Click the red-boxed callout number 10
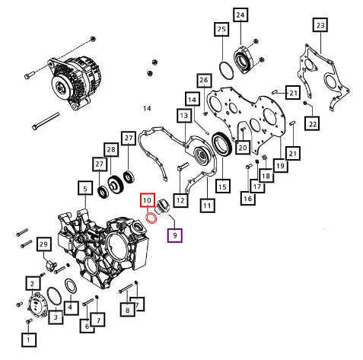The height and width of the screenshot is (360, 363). coord(148,200)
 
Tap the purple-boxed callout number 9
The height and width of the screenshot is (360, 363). coord(175,235)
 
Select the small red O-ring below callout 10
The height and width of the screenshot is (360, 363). coord(151,218)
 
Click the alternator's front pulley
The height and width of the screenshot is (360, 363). coord(60,88)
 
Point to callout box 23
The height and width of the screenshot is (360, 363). coord(320,25)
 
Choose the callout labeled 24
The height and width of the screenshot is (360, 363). coord(240,14)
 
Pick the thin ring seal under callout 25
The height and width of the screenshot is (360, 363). coord(226,70)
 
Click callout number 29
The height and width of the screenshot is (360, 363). coord(44,244)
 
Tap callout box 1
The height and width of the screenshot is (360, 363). coord(29,339)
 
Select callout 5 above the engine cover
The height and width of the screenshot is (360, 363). coord(85,189)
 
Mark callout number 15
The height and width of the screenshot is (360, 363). coord(222,186)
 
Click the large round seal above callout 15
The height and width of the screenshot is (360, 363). coord(221,145)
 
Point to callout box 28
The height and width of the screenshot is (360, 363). coord(111,149)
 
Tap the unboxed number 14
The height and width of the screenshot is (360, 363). coord(147,109)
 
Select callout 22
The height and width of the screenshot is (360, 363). coord(313,124)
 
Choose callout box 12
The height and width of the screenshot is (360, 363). coord(180,200)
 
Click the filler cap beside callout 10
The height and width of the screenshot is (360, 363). coord(163,207)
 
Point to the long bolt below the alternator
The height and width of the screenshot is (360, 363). coord(46,121)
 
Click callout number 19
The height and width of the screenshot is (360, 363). coord(281,166)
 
